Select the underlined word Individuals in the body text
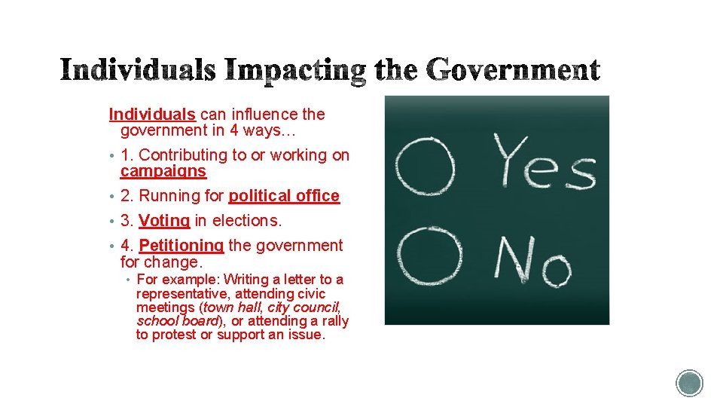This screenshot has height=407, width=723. point(152,115)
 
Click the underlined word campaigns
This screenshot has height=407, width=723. point(163,171)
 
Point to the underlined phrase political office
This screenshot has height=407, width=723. point(284,196)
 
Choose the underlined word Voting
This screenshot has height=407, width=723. point(164,221)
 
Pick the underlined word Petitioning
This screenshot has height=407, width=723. point(182,246)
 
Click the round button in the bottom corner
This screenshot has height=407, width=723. point(689,383)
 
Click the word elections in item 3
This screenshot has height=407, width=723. point(248,221)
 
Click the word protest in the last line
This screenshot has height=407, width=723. point(174,335)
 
